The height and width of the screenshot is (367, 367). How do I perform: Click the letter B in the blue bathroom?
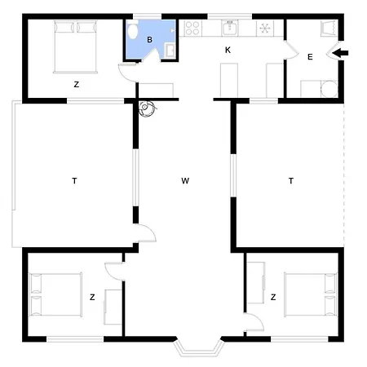150,38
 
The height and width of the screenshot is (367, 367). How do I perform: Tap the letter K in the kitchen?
228,51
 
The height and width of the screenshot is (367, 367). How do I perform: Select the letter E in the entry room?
310,57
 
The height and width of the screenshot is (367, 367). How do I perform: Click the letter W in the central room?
185,181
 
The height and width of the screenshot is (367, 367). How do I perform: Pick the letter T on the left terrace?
74,181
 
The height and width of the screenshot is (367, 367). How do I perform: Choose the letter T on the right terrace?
290,181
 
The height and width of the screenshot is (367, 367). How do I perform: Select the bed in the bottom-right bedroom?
310,295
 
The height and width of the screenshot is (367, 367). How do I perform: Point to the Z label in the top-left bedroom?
76,84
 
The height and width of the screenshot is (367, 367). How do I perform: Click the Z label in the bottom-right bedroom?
272,296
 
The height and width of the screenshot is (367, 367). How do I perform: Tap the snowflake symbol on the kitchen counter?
266,29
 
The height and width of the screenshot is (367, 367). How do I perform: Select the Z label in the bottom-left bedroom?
92,296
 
